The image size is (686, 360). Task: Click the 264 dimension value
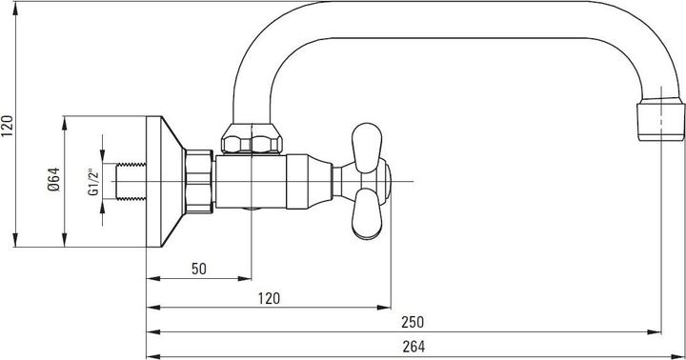[414, 347]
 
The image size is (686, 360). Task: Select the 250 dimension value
[413, 322]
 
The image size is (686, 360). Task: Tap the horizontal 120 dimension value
[269, 298]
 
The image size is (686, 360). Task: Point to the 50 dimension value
[199, 269]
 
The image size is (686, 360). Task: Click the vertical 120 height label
[8, 126]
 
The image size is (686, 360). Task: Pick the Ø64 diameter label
[53, 180]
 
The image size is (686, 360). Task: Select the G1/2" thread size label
[94, 182]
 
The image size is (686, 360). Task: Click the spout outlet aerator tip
[660, 119]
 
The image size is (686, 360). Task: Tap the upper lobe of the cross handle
[367, 148]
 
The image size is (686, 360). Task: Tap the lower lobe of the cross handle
[367, 214]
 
